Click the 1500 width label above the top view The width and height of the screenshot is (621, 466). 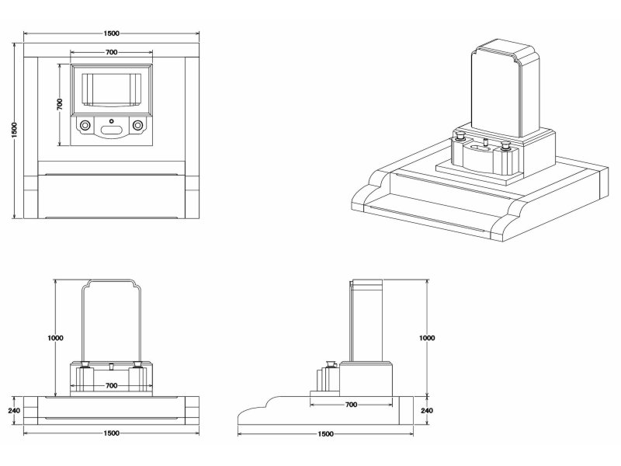point(111,33)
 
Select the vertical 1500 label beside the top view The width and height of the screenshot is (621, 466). point(15,130)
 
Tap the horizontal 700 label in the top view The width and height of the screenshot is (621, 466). point(111,52)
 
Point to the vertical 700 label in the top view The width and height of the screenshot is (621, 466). point(59,105)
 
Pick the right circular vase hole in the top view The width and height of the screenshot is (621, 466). point(138,124)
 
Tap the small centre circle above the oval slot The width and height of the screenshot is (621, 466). point(111,121)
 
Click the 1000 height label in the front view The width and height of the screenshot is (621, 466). point(55,338)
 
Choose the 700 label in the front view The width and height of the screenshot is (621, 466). point(111,385)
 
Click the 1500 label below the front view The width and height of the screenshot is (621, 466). point(111,433)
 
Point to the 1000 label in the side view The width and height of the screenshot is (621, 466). point(427,338)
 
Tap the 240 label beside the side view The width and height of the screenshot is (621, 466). point(427,410)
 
